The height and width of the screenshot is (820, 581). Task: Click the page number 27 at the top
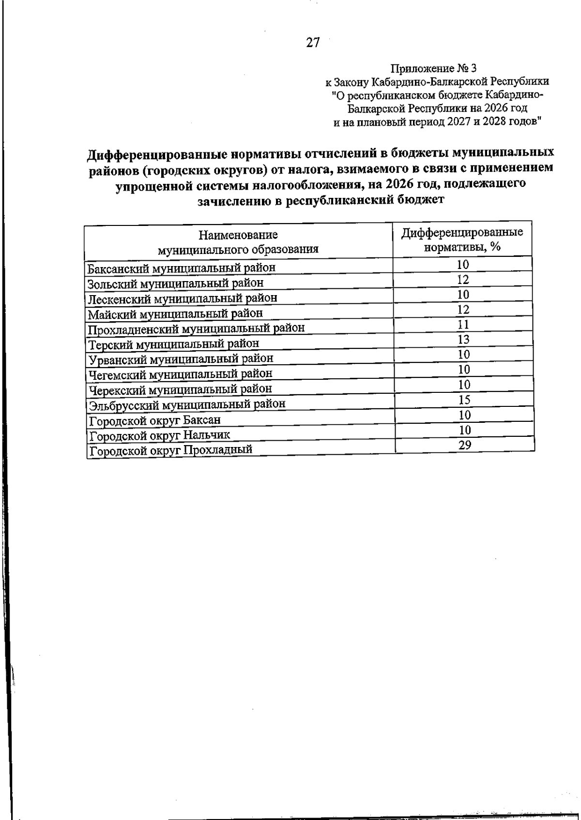[313, 43]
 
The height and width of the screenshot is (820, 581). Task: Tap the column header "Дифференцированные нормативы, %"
[462, 239]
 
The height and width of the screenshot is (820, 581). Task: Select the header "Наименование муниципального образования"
[238, 242]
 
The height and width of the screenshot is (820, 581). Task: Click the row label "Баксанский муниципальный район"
[182, 268]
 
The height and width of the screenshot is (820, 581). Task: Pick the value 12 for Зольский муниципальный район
[463, 280]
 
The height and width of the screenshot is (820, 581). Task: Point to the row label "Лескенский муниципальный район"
[183, 298]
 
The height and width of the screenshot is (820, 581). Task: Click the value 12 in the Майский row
[463, 310]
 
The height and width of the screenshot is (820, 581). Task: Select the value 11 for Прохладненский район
[463, 325]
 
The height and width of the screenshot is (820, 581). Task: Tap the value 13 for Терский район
[463, 340]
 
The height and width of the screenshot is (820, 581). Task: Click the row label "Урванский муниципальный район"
[181, 358]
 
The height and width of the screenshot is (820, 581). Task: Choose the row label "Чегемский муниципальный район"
[181, 373]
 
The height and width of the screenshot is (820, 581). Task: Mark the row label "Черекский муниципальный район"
[181, 388]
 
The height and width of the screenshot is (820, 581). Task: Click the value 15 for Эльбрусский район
[464, 400]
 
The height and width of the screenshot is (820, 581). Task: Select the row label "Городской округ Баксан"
[155, 420]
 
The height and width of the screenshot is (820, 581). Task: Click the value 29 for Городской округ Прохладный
[465, 445]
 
